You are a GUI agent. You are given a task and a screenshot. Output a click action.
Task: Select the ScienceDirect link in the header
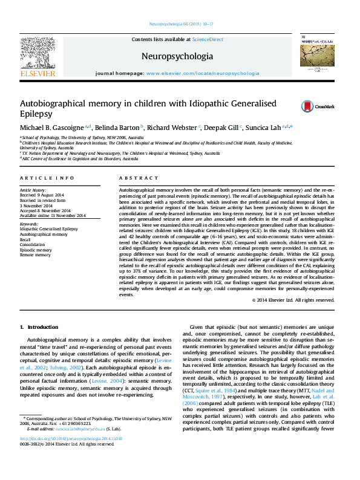(208, 39)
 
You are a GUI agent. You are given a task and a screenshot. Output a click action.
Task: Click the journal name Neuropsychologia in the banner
(177, 56)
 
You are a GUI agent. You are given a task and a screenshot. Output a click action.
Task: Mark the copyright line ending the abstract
(292, 300)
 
